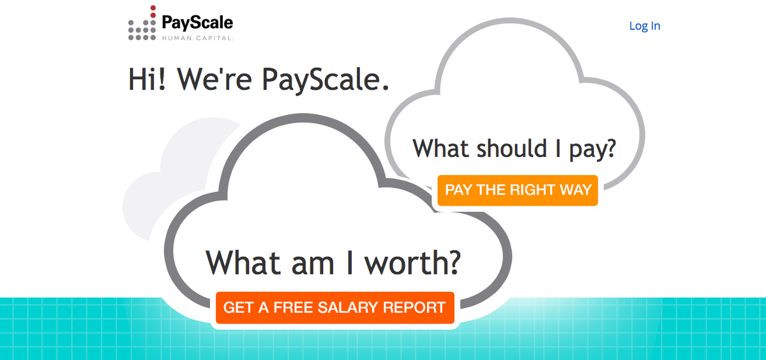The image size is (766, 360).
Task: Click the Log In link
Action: [644, 26]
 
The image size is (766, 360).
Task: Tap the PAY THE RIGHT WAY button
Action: [518, 190]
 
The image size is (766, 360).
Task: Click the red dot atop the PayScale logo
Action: [153, 8]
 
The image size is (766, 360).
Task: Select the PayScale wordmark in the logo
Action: [197, 24]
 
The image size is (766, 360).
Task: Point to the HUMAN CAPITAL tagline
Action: [197, 38]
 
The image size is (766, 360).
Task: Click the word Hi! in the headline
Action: [149, 79]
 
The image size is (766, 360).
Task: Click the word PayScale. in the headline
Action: [326, 79]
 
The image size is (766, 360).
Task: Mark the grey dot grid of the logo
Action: [142, 29]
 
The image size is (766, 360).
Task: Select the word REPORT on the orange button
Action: [414, 308]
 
